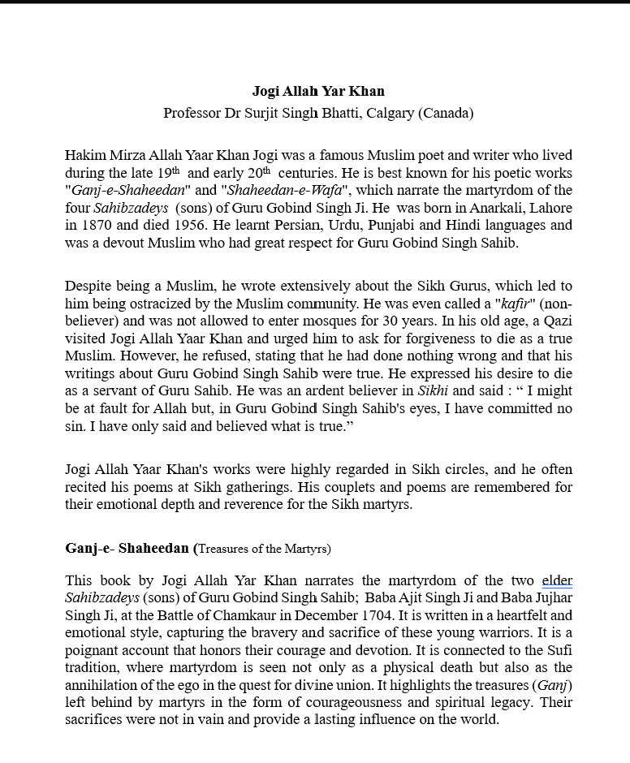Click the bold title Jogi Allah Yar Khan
point(318,91)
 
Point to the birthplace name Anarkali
point(494,208)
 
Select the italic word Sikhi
point(433,391)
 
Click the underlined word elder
point(557,580)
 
